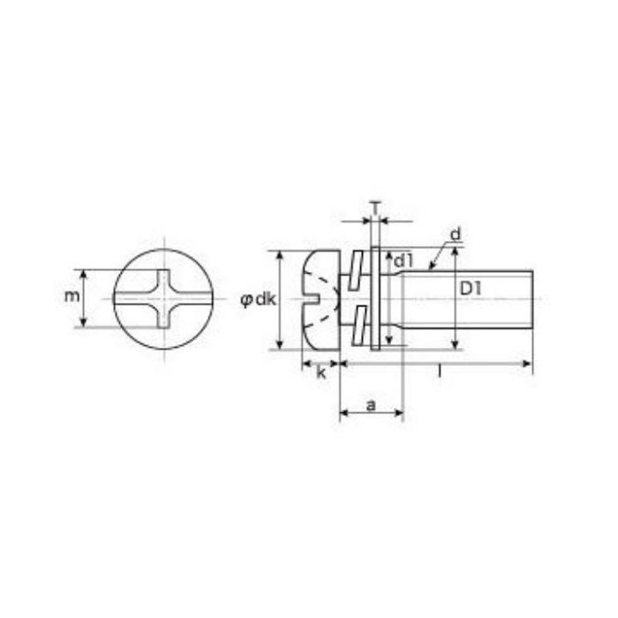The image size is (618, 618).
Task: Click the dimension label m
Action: tap(72, 297)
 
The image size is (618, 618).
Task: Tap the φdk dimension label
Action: tap(258, 300)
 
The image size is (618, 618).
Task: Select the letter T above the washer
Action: tap(375, 207)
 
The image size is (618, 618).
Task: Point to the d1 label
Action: tap(403, 260)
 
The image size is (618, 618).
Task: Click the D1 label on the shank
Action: tap(471, 290)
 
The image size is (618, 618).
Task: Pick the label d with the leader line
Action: tap(456, 235)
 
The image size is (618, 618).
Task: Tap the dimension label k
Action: tap(321, 373)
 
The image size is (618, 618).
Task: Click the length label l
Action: tap(440, 372)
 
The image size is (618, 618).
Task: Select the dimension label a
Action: tap(371, 404)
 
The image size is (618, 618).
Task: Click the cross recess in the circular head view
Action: tap(163, 298)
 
